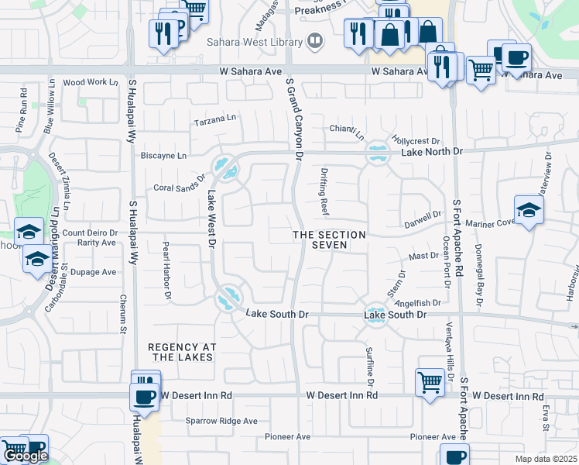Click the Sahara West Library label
click(x=254, y=41)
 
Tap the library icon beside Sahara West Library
click(x=314, y=41)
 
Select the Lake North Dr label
click(x=431, y=152)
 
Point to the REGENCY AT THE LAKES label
click(x=180, y=352)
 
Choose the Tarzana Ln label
click(x=215, y=119)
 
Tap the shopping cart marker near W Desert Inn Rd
click(x=430, y=381)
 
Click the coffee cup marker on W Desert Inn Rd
click(x=144, y=398)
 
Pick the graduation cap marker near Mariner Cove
click(x=529, y=209)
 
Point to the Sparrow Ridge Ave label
click(x=221, y=421)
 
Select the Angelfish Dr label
click(x=422, y=303)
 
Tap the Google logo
click(x=26, y=456)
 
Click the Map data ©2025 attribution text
click(x=546, y=459)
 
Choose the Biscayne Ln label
click(x=163, y=155)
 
